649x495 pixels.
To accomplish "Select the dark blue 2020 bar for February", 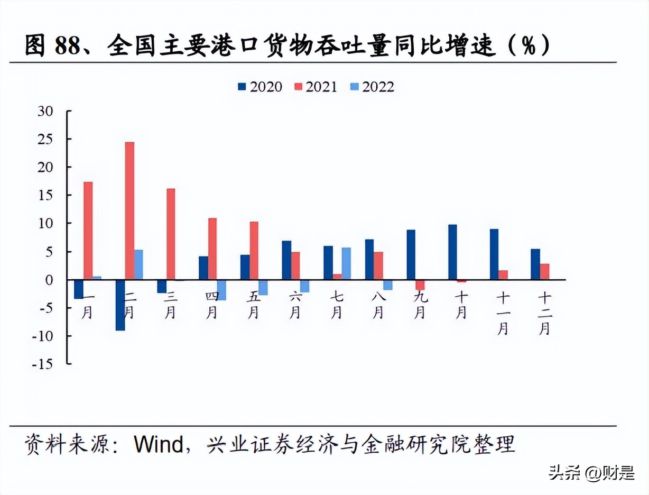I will point(120,305).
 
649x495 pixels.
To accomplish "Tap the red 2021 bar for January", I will point(88,231).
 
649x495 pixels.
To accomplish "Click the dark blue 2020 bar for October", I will point(452,252).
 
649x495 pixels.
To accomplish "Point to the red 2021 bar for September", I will point(420,285).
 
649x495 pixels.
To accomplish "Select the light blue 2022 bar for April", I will point(221,290).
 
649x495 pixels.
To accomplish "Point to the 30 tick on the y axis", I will point(45,111).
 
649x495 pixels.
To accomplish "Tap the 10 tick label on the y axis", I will point(45,223).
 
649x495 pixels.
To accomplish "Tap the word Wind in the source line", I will point(157,444).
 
